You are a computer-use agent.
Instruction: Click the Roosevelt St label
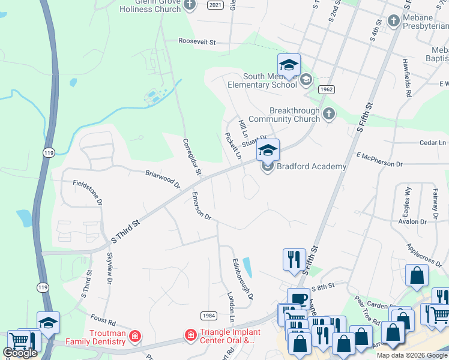click(x=196, y=41)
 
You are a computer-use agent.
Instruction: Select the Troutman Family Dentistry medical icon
click(x=136, y=335)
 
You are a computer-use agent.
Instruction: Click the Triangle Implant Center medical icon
click(x=190, y=334)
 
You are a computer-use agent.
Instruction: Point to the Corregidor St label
click(x=191, y=157)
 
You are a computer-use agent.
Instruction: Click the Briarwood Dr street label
click(x=163, y=178)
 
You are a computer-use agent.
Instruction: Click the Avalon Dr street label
click(x=412, y=221)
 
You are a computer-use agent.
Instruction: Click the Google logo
click(x=20, y=353)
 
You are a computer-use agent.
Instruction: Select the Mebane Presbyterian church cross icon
click(x=394, y=22)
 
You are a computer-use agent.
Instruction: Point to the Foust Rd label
click(x=103, y=318)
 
